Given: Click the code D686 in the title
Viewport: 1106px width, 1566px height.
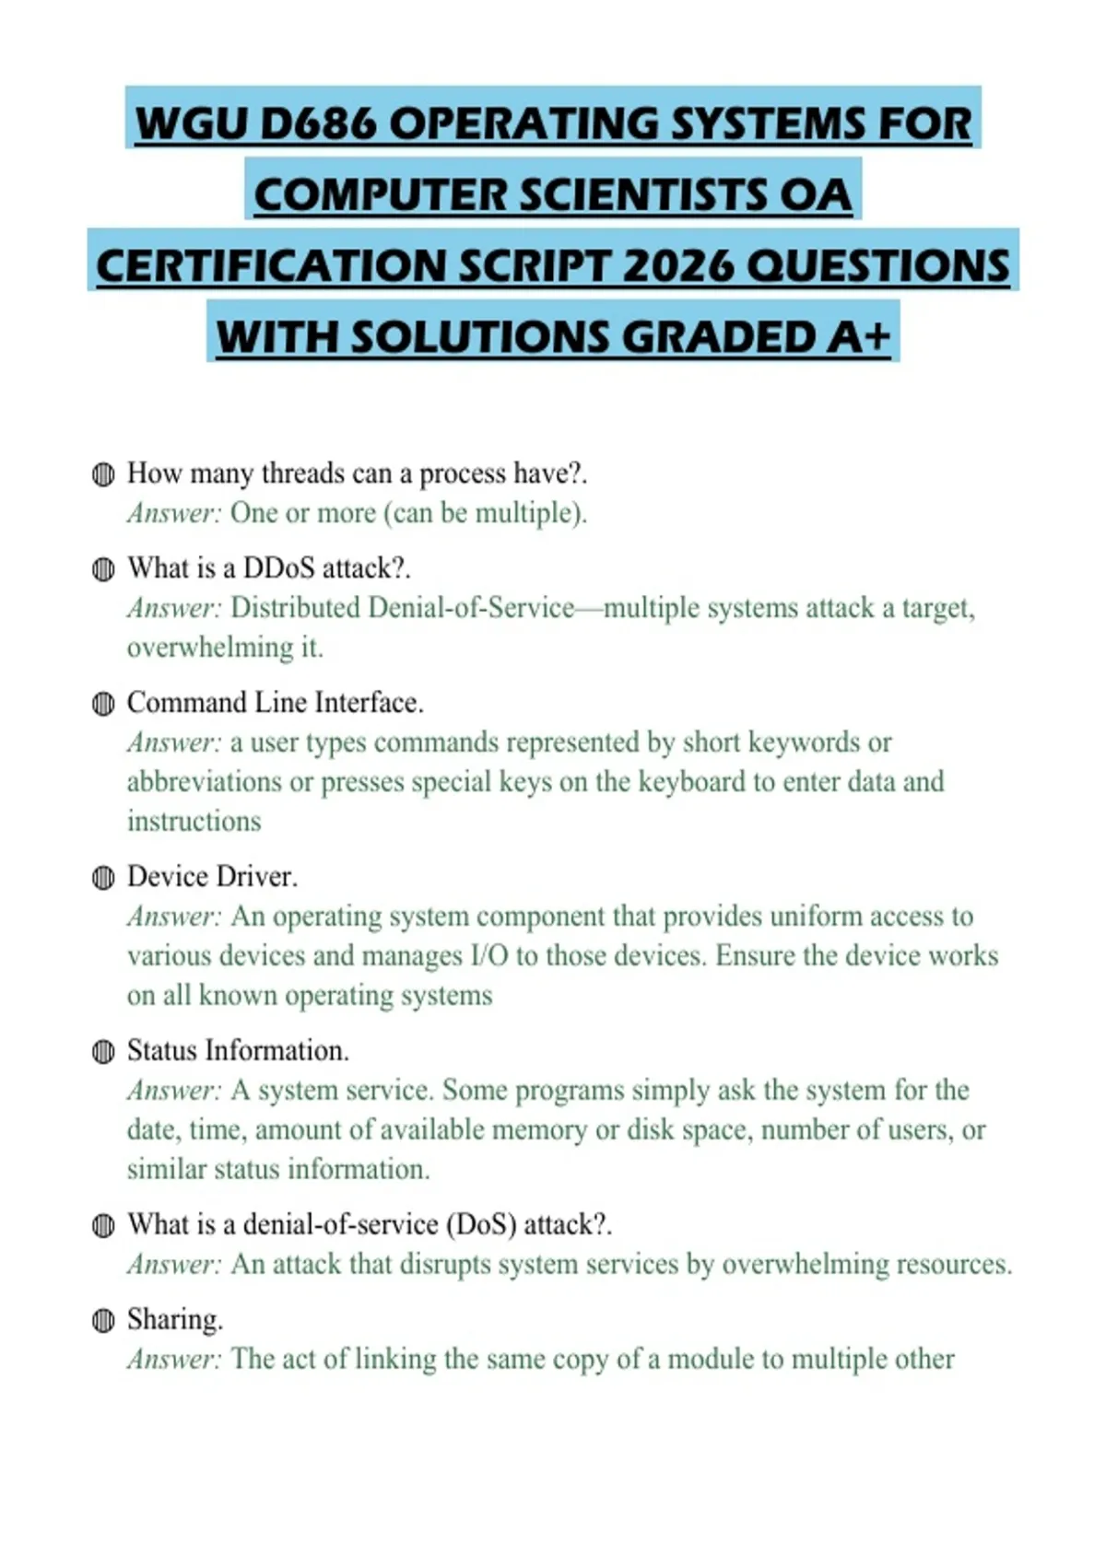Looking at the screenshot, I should pyautogui.click(x=319, y=123).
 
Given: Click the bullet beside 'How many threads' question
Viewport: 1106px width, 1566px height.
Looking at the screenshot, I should pyautogui.click(x=103, y=474).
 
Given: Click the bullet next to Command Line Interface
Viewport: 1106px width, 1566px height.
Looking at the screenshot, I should pyautogui.click(x=103, y=705).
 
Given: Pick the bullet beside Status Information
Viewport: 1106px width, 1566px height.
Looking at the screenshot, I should pyautogui.click(x=103, y=1052).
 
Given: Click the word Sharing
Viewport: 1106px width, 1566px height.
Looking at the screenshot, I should pyautogui.click(x=175, y=1319).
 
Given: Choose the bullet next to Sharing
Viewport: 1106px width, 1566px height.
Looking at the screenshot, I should pyautogui.click(x=103, y=1321).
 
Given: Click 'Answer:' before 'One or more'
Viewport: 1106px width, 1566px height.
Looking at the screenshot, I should pyautogui.click(x=174, y=513).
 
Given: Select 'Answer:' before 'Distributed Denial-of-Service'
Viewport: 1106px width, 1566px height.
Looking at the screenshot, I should pyautogui.click(x=174, y=608).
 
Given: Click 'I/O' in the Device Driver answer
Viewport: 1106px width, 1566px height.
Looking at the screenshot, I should pyautogui.click(x=489, y=955).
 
